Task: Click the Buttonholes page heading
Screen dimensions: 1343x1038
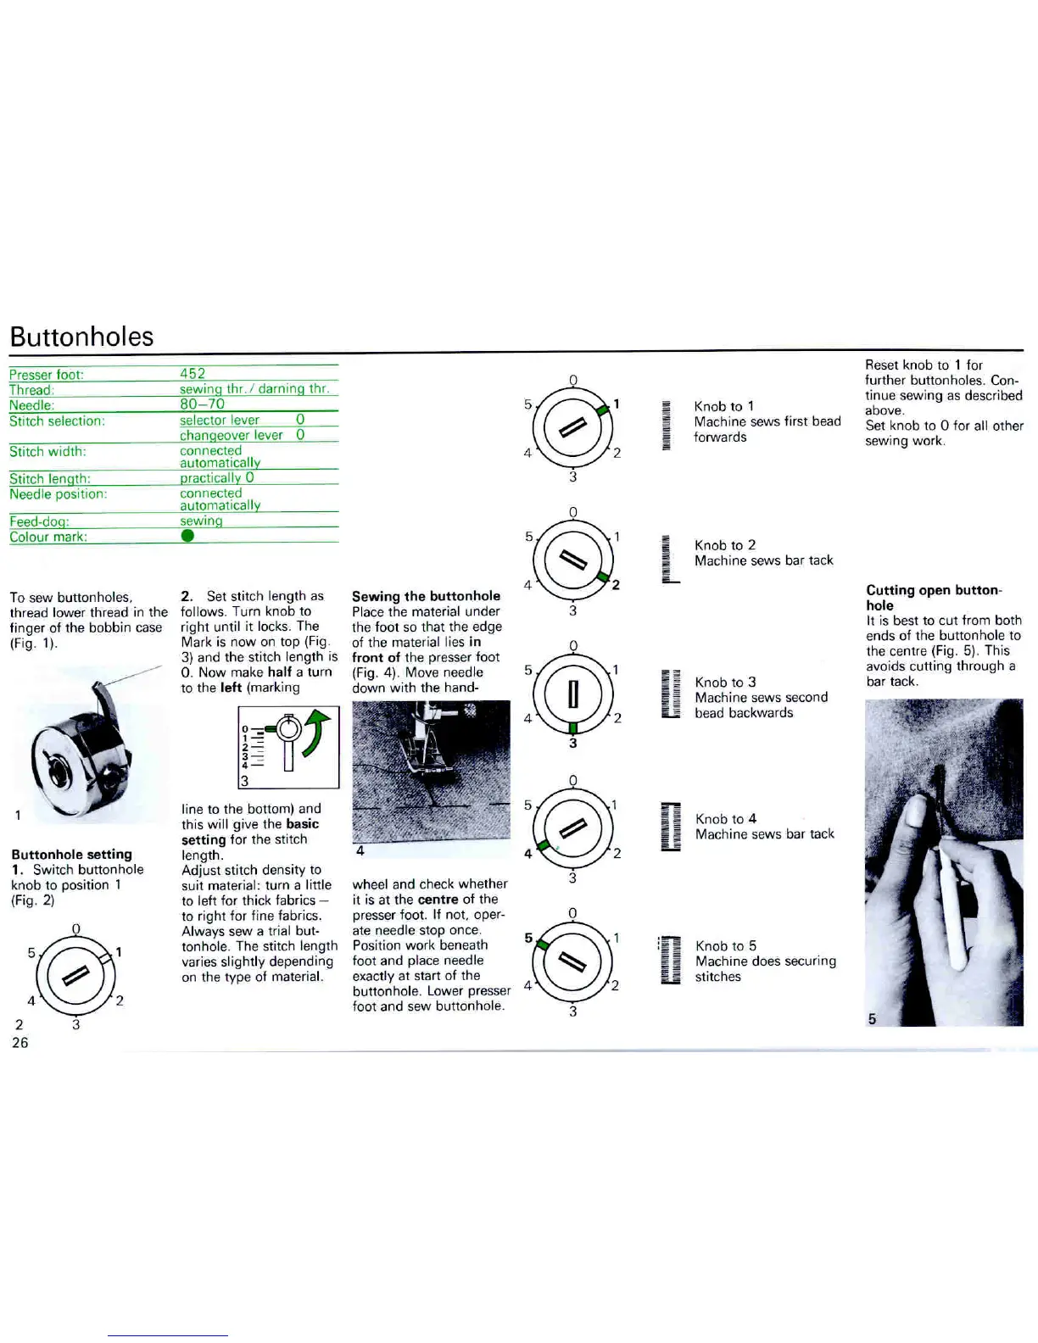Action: tap(81, 337)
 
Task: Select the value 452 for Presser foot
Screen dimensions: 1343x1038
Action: tap(193, 373)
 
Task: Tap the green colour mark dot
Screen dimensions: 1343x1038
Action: tap(187, 536)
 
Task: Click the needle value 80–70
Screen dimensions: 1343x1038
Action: tap(202, 404)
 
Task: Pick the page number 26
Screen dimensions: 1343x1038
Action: tap(20, 1042)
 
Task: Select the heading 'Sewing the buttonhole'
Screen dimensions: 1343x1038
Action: tap(426, 596)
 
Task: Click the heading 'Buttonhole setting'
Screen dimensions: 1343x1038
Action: tap(72, 854)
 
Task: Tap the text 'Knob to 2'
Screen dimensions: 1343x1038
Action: tap(725, 545)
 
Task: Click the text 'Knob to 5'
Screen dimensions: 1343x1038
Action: tap(726, 945)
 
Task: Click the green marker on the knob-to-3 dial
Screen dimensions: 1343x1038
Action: tap(573, 727)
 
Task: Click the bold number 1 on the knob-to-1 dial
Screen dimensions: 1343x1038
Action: tap(617, 404)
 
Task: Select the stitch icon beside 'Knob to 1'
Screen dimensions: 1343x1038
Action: tap(667, 425)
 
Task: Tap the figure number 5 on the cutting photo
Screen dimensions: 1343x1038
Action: tap(872, 1018)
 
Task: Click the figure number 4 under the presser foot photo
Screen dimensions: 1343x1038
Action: tap(360, 850)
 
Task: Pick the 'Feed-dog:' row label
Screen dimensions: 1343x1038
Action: tap(39, 521)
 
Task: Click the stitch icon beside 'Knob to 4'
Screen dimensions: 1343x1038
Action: tap(671, 826)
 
